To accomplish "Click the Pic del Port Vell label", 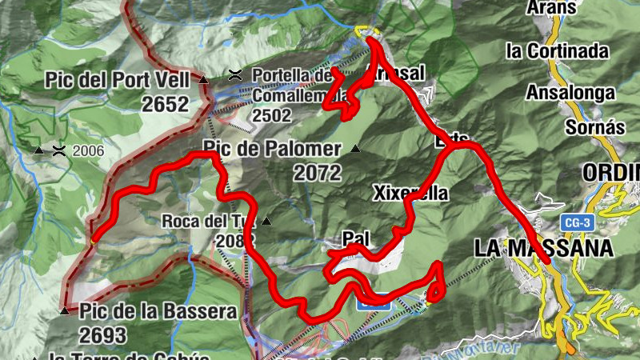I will [117, 80].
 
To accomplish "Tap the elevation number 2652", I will [165, 104].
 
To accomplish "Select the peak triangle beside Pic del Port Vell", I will [203, 80].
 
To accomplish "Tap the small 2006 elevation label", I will [89, 150].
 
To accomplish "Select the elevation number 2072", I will [318, 172].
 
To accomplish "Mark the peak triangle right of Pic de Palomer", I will [355, 149].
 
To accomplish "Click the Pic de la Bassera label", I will [158, 311].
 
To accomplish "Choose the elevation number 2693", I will [103, 334].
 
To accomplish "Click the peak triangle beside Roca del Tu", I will [266, 221].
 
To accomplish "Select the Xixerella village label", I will [410, 194].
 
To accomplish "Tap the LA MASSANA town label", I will [544, 248].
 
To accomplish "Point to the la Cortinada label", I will [557, 51].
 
